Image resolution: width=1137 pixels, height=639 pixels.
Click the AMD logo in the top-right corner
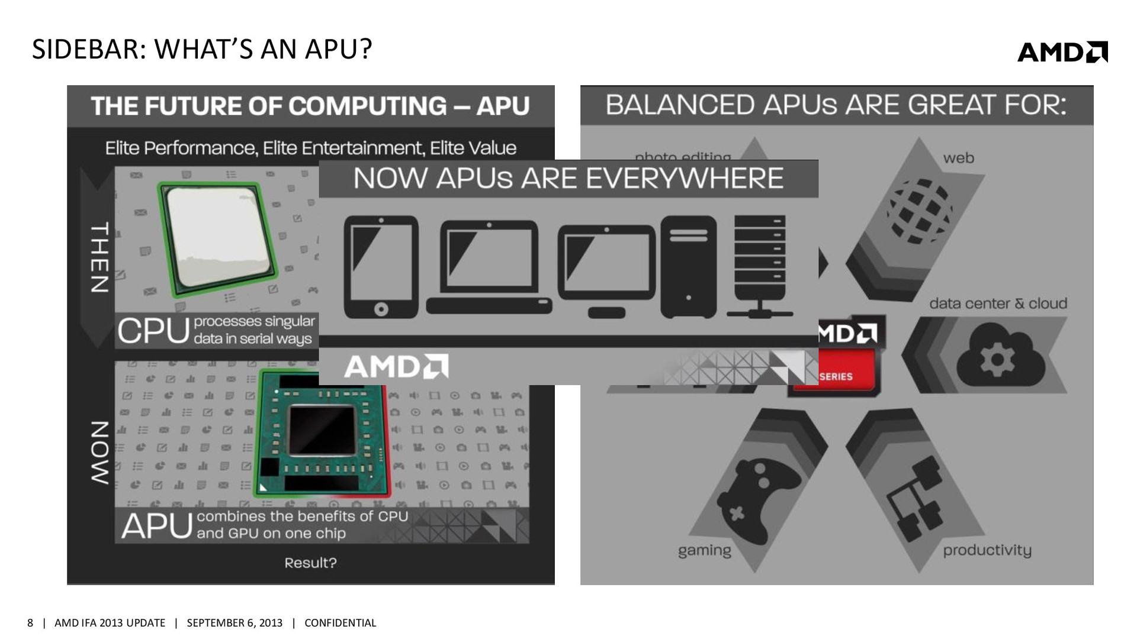click(x=1062, y=52)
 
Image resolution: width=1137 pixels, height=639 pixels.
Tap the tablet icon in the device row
click(x=381, y=267)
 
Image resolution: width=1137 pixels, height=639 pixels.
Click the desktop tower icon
click(x=688, y=267)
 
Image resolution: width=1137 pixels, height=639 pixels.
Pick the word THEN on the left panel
click(x=99, y=257)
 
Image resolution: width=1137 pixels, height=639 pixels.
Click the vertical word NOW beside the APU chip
click(x=99, y=453)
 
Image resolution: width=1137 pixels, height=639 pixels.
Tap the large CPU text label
click(x=153, y=331)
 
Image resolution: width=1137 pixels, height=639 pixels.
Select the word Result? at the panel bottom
click(x=310, y=563)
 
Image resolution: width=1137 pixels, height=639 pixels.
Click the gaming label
click(x=704, y=551)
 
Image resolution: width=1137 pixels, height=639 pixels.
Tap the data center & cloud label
click(x=998, y=304)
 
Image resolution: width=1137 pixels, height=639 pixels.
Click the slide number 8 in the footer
click(x=30, y=623)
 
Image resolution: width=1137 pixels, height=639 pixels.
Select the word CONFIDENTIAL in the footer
click(x=340, y=623)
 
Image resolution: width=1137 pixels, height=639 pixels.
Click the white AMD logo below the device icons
click(x=396, y=367)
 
